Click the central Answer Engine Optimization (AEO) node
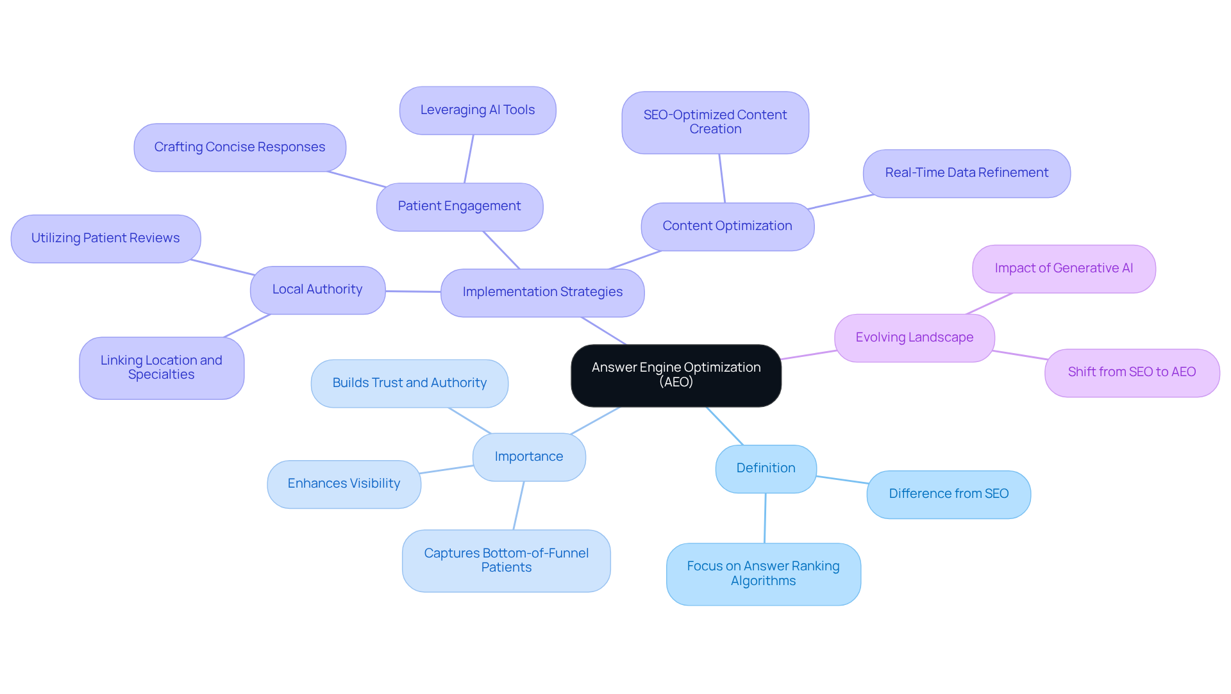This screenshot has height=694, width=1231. pyautogui.click(x=676, y=375)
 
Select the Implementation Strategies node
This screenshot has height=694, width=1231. pyautogui.click(x=542, y=292)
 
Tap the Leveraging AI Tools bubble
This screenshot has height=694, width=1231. pyautogui.click(x=478, y=110)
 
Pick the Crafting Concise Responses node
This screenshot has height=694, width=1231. pyautogui.click(x=240, y=147)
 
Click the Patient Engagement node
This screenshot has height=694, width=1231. pyautogui.click(x=459, y=206)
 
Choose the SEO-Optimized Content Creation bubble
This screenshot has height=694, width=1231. pyautogui.click(x=715, y=122)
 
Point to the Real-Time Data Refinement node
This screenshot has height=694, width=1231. pyautogui.click(x=966, y=173)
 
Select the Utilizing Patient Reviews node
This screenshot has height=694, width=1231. pyautogui.click(x=106, y=238)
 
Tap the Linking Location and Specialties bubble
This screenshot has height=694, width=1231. pyautogui.click(x=162, y=368)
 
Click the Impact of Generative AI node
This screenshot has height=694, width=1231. pyautogui.click(x=1064, y=269)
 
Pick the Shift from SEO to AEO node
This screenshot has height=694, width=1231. pyautogui.click(x=1132, y=372)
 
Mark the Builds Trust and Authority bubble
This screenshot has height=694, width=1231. pyautogui.click(x=409, y=383)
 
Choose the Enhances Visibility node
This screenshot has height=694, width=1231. pyautogui.click(x=344, y=484)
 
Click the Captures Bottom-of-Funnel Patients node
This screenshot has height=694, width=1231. pyautogui.click(x=506, y=560)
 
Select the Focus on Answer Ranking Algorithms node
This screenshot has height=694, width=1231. pyautogui.click(x=763, y=574)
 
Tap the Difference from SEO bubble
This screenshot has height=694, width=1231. pyautogui.click(x=948, y=494)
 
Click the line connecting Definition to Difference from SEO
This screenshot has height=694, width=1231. pyautogui.click(x=842, y=479)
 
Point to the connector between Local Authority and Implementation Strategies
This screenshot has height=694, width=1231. pyautogui.click(x=413, y=292)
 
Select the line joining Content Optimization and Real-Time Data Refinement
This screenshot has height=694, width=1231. pyautogui.click(x=841, y=202)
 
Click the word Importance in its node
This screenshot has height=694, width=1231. pyautogui.click(x=529, y=457)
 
